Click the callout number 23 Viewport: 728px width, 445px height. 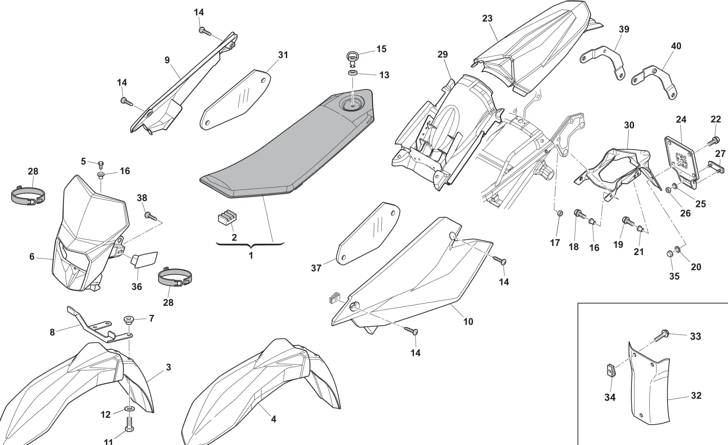(x=487, y=18)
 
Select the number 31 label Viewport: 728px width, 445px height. (x=283, y=55)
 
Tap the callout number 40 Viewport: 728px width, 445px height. (x=676, y=46)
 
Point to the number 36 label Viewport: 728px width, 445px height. (x=136, y=287)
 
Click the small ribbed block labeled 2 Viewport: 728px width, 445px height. (x=225, y=218)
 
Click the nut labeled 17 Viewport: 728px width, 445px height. (x=560, y=212)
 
